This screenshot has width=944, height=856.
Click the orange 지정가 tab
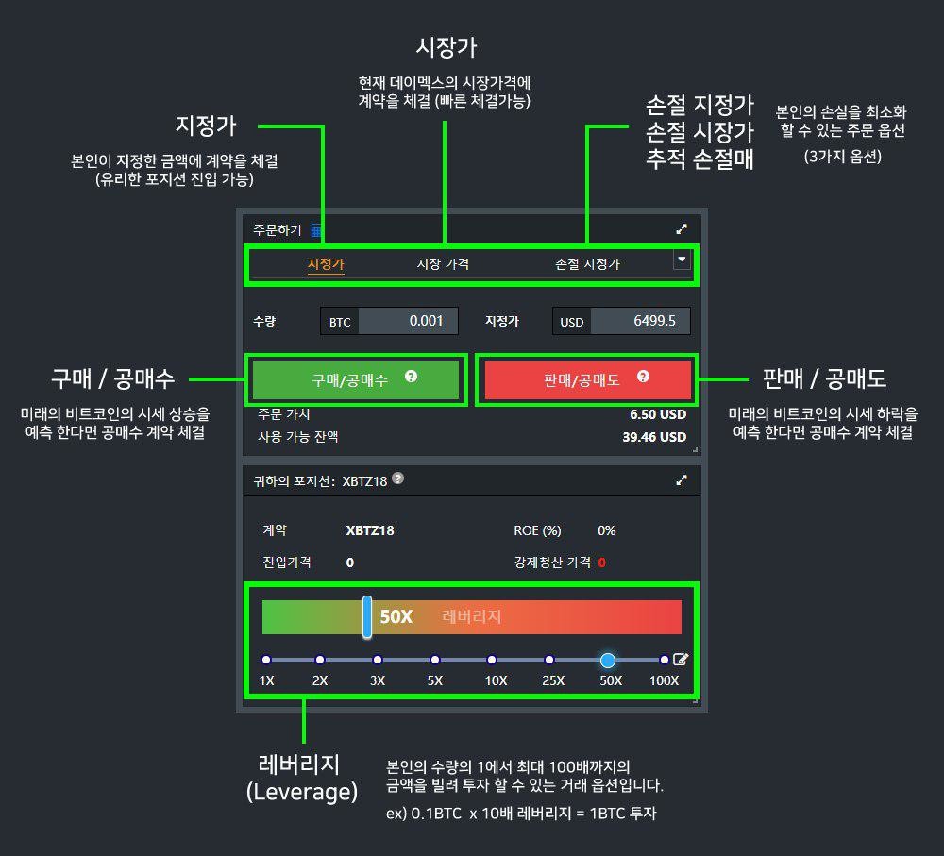[326, 263]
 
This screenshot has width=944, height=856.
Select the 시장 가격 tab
[443, 263]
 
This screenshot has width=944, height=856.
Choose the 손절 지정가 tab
[587, 263]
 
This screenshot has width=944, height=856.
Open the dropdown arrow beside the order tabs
[682, 260]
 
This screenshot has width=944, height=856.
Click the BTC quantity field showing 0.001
[408, 321]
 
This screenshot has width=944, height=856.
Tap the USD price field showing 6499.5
[640, 321]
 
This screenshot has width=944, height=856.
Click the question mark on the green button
[412, 377]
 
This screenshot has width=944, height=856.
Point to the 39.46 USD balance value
[654, 437]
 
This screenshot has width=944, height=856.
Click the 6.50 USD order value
[658, 414]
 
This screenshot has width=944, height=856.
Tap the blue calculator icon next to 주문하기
[316, 229]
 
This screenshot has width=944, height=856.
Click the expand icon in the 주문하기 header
[682, 228]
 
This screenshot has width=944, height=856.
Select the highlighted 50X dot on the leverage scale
[608, 661]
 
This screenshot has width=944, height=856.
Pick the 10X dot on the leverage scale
[492, 660]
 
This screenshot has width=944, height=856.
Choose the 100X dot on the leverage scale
[664, 660]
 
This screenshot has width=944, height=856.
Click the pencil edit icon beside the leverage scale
[681, 659]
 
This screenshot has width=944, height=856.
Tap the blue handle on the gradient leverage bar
[366, 617]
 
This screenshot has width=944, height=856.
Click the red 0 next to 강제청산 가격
[602, 562]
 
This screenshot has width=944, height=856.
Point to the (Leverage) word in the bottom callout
[302, 792]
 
